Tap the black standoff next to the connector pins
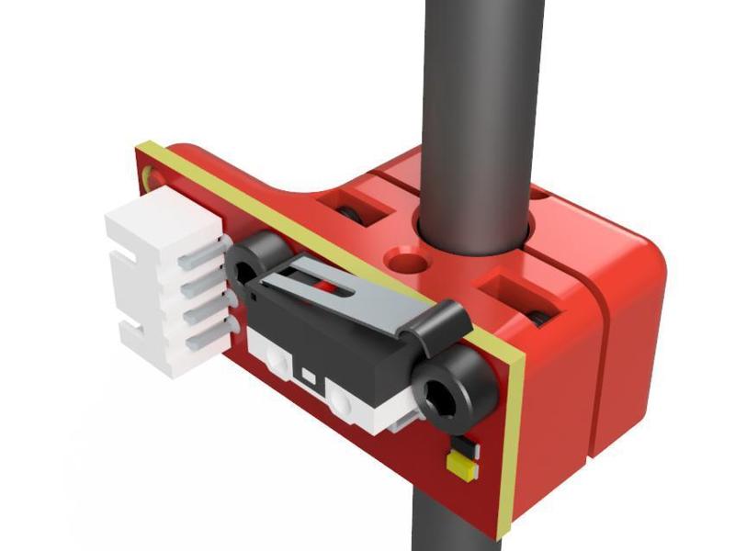248,262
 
